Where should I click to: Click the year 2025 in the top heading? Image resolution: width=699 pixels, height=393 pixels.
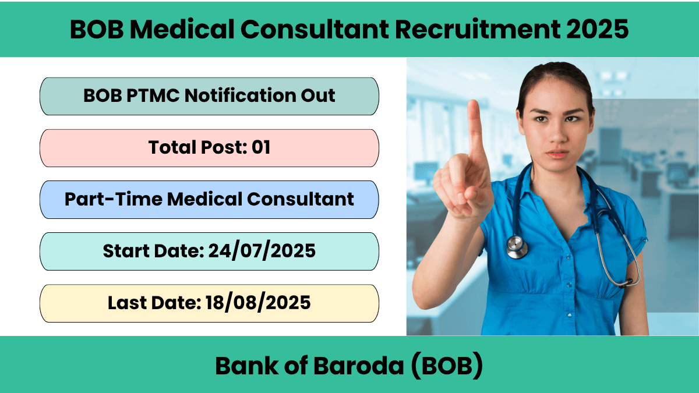tap(597, 29)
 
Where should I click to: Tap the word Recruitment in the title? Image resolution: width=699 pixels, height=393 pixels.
tap(478, 29)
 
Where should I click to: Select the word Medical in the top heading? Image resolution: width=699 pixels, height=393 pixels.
tap(182, 29)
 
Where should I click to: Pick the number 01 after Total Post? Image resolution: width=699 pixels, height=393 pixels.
tap(261, 147)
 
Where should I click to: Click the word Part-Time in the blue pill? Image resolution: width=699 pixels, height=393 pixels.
tap(113, 199)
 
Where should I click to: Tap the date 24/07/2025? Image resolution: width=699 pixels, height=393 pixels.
tap(262, 251)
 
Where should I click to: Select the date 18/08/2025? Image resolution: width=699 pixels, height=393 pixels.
tap(258, 303)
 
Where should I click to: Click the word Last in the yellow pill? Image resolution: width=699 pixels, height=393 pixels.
tap(128, 303)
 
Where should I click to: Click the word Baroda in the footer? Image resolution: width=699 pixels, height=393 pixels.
tap(359, 366)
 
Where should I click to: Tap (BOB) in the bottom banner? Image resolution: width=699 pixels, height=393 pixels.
tap(447, 366)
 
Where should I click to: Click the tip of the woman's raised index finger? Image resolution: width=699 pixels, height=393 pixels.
tap(473, 102)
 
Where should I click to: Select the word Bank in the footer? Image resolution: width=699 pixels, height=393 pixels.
tap(246, 366)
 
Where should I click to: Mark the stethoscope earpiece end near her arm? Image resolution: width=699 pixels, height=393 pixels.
tap(628, 282)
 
